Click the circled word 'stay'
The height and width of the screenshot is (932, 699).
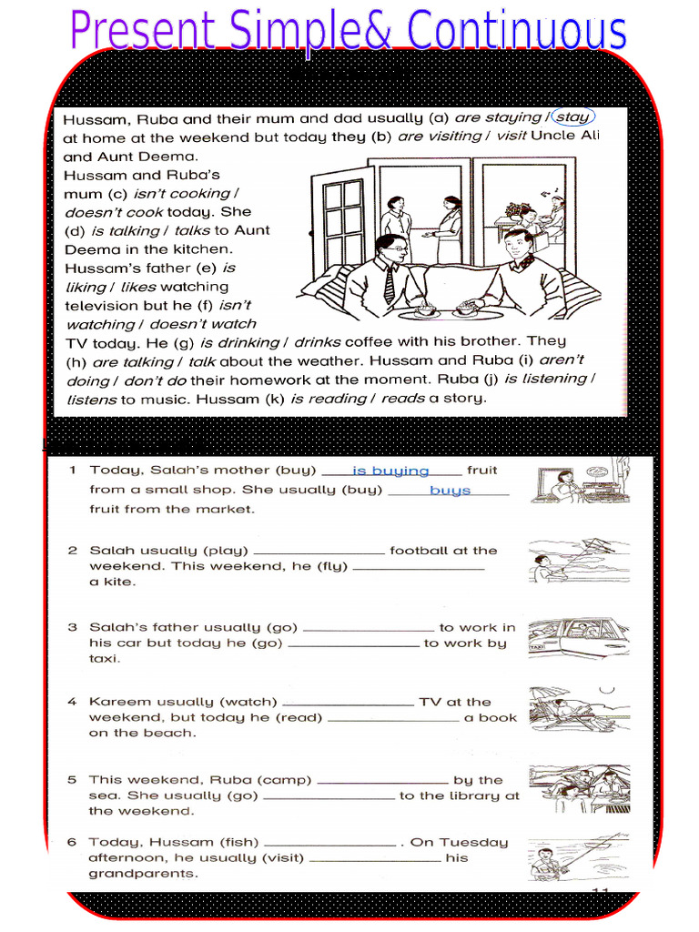point(572,116)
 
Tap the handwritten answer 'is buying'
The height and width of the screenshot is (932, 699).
point(390,471)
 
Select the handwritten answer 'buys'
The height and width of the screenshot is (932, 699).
point(450,491)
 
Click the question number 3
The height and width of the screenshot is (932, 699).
point(72,627)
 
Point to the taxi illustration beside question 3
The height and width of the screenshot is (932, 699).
point(578,638)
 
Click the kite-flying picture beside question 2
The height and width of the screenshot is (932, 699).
point(578,560)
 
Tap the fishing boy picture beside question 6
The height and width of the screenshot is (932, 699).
point(578,856)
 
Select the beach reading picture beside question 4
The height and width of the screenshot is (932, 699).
point(578,709)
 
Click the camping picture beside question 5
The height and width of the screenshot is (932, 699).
point(578,788)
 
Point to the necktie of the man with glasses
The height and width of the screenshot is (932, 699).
point(390,285)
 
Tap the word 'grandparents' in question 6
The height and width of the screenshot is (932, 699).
point(143,874)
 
